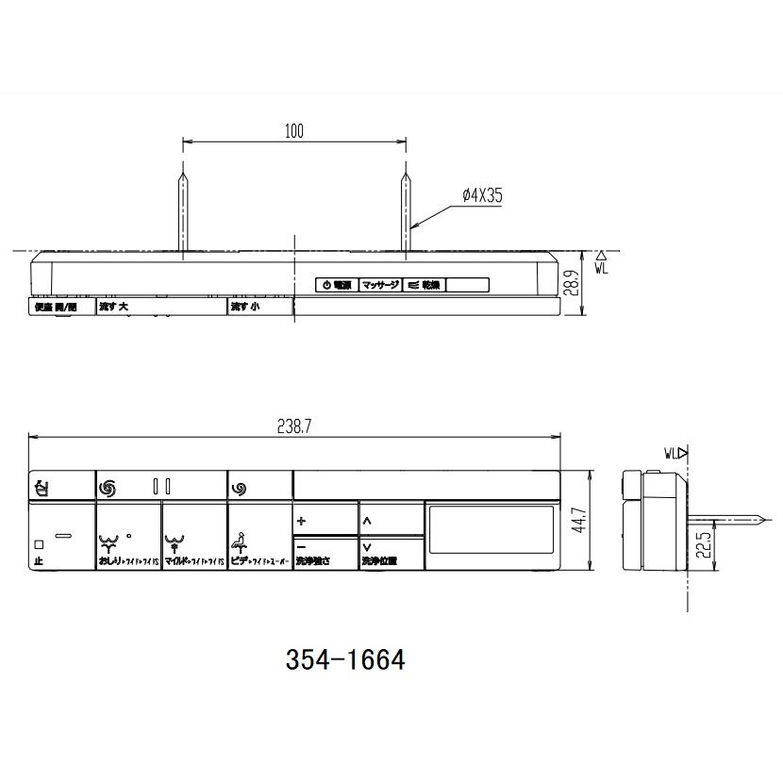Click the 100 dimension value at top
pos(294,131)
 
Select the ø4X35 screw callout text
pos(482,195)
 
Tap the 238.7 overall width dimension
pos(295,426)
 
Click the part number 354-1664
pos(344,660)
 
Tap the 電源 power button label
pos(337,285)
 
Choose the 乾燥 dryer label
pos(425,285)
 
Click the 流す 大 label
pos(114,308)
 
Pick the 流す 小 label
pos(243,308)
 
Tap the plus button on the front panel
pos(302,520)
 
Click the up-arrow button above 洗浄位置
pos(367,520)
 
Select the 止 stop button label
pos(39,561)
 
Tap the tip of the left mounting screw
pos(182,169)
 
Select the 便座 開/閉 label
pos(53,308)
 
